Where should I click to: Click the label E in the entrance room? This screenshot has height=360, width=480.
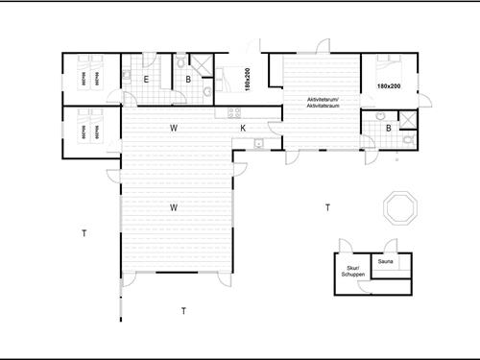pyautogui.click(x=146, y=80)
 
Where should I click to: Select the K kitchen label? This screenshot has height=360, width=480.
pyautogui.click(x=243, y=128)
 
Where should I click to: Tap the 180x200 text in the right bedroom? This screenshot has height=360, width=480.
pyautogui.click(x=388, y=87)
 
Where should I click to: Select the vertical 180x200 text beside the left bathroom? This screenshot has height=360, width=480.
pyautogui.click(x=247, y=80)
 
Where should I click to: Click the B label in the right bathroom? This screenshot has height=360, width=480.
pyautogui.click(x=388, y=128)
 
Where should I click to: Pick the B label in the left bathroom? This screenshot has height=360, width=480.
pyautogui.click(x=188, y=80)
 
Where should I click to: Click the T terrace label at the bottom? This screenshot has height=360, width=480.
pyautogui.click(x=183, y=310)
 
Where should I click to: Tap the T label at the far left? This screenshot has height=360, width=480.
pyautogui.click(x=84, y=233)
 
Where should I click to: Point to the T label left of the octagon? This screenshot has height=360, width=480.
pyautogui.click(x=327, y=207)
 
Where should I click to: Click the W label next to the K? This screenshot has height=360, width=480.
pyautogui.click(x=174, y=128)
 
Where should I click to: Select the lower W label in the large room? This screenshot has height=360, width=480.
pyautogui.click(x=174, y=207)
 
